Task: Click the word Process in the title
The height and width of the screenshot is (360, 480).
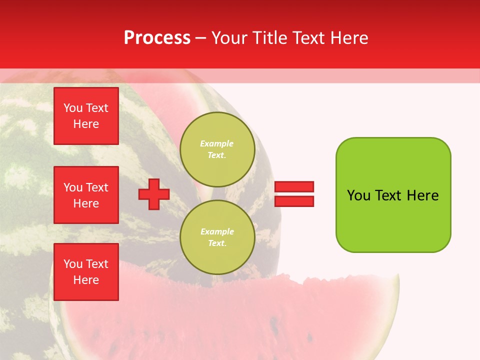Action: click(x=157, y=38)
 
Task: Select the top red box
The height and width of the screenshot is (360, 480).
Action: click(x=86, y=116)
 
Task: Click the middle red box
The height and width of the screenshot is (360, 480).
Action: click(x=86, y=195)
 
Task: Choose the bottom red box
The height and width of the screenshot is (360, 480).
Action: click(x=86, y=272)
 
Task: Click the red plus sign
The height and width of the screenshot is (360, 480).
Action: click(x=154, y=194)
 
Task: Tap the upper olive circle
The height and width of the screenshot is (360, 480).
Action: click(x=217, y=149)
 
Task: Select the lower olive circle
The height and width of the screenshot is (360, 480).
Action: click(x=217, y=237)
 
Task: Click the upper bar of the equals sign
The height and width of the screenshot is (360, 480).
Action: click(x=294, y=187)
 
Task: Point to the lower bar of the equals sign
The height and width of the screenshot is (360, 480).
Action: click(x=294, y=201)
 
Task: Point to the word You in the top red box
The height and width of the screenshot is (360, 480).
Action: click(x=73, y=108)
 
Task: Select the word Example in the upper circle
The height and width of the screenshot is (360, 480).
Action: click(x=217, y=143)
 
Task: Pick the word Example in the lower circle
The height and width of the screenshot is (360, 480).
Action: click(x=217, y=231)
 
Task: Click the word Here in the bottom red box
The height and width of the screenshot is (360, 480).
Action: click(x=86, y=280)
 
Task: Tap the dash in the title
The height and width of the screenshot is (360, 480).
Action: click(x=201, y=38)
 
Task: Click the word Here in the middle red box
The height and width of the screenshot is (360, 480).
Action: click(x=86, y=203)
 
